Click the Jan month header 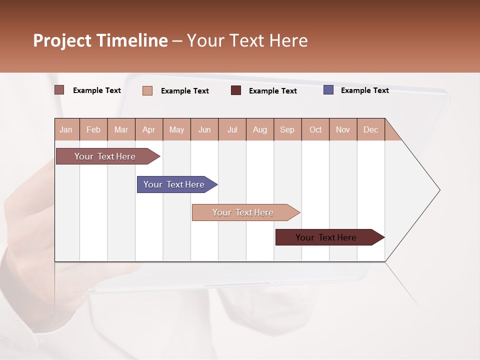(x=66, y=129)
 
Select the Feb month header (x=93, y=129)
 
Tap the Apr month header (x=148, y=129)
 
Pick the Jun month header (x=204, y=129)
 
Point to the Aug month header (x=259, y=129)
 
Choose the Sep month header (x=287, y=129)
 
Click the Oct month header (x=315, y=129)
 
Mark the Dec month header (x=370, y=129)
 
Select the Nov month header (x=343, y=129)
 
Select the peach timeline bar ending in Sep (x=243, y=212)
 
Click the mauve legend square (x=59, y=90)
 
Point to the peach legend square (x=147, y=90)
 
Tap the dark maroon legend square (x=236, y=90)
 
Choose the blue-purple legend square (x=328, y=90)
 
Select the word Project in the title (x=62, y=40)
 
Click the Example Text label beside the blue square (x=364, y=90)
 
